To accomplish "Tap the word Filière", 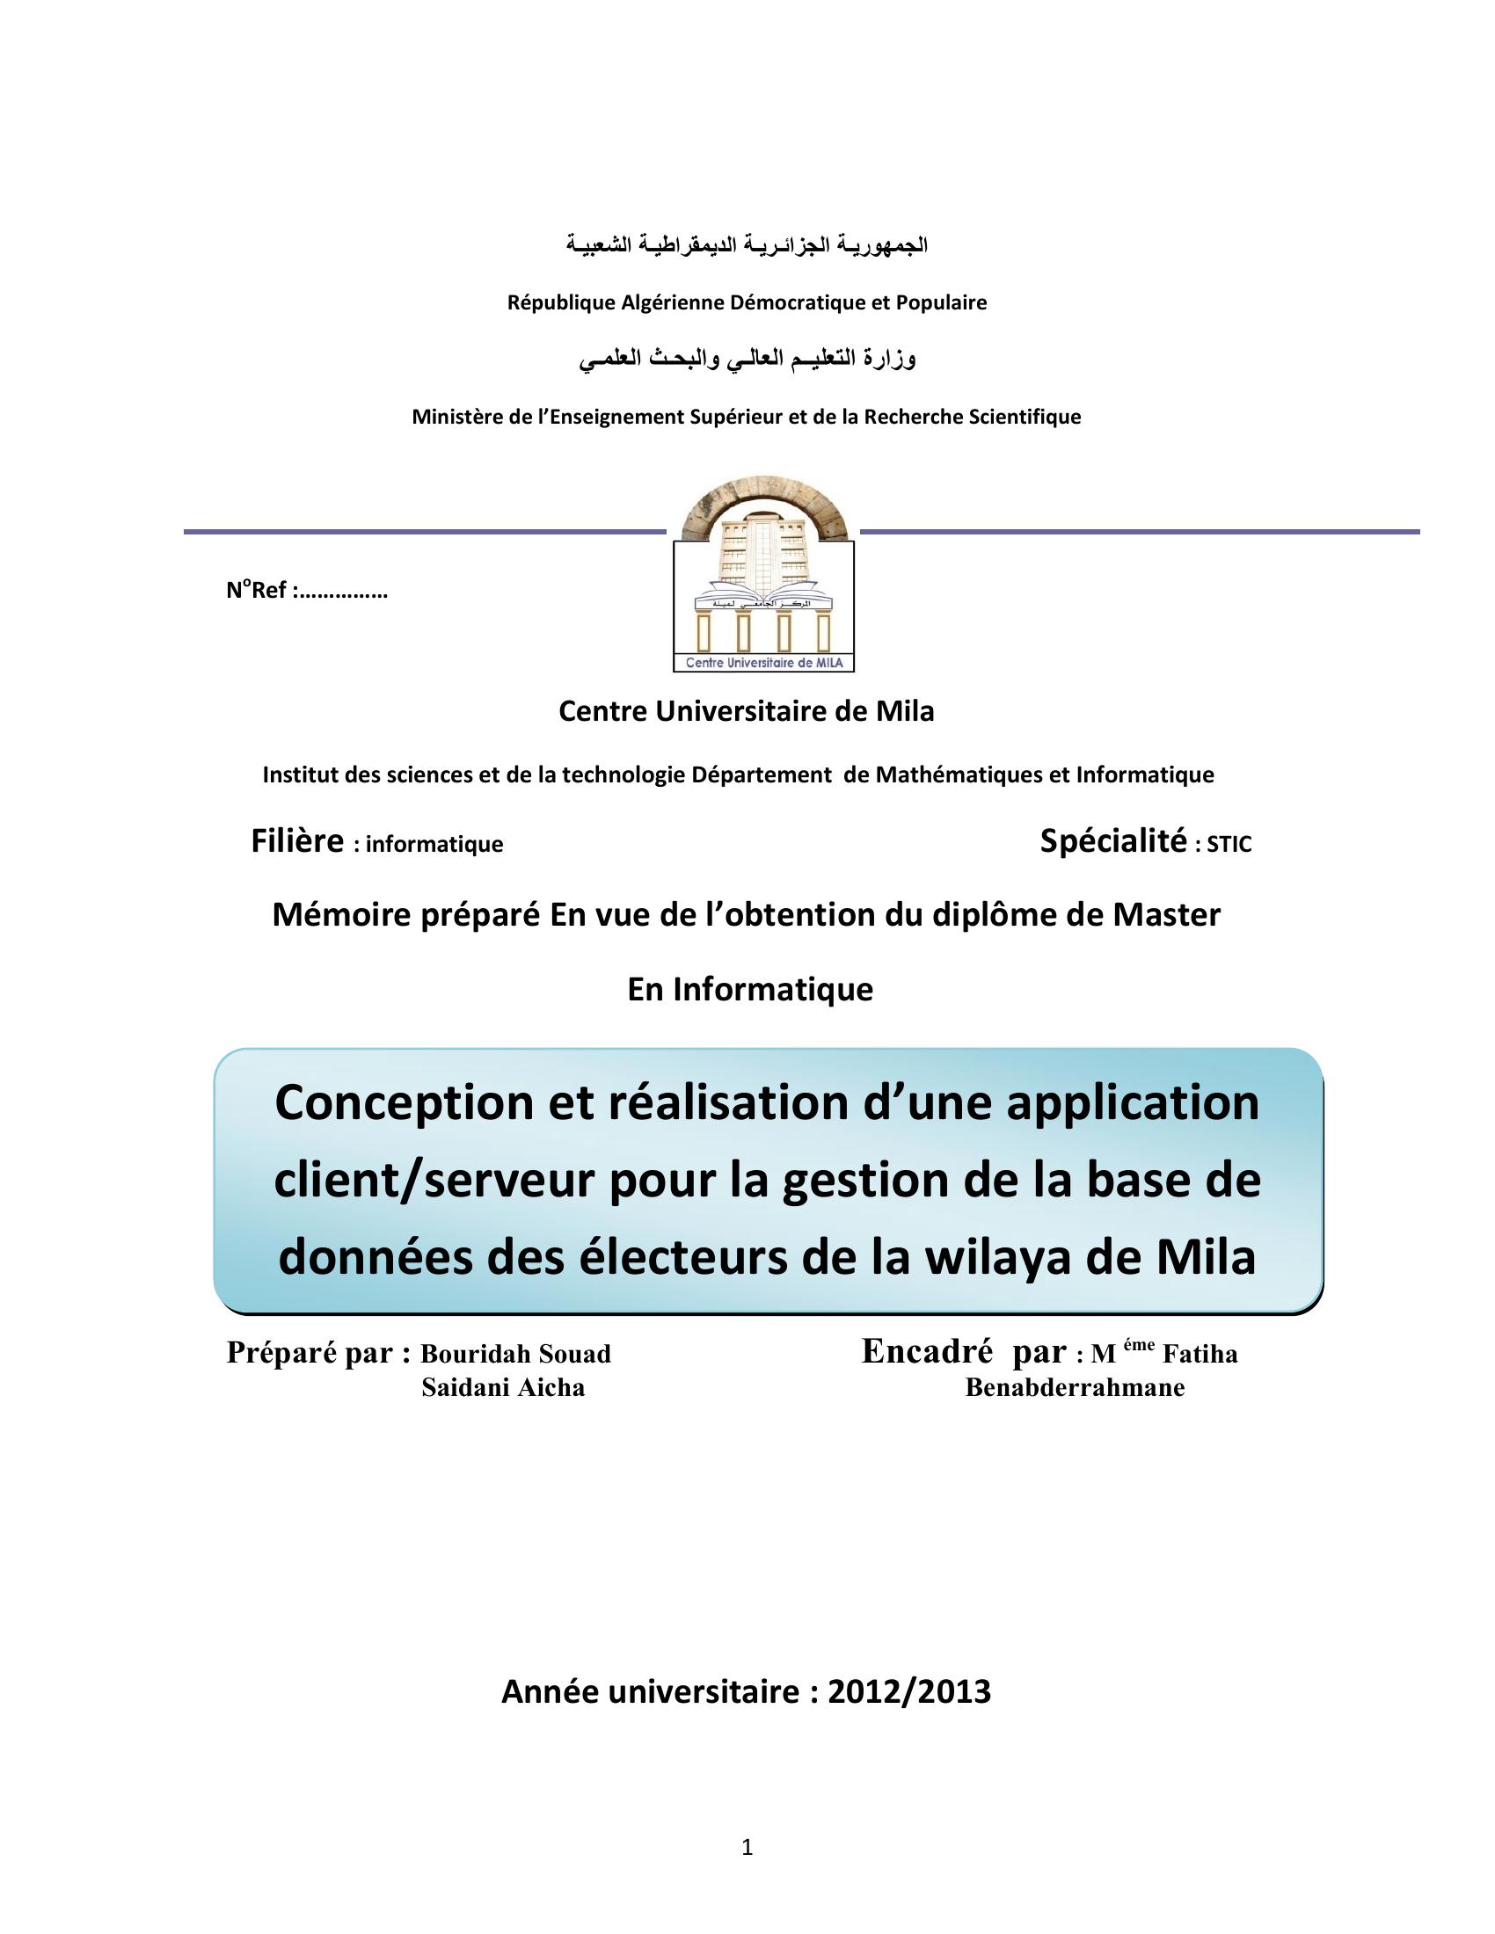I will tap(296, 841).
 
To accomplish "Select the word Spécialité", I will tap(1112, 841).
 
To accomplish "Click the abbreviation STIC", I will tap(1229, 845).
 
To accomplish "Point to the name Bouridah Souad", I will tap(515, 1354).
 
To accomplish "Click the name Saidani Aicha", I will tap(503, 1387).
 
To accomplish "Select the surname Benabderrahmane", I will tap(1075, 1387).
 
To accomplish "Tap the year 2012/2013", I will tap(908, 1692).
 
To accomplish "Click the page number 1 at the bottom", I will tap(747, 1847).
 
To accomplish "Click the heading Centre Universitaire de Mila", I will tap(746, 711).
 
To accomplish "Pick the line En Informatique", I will tap(750, 989).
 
